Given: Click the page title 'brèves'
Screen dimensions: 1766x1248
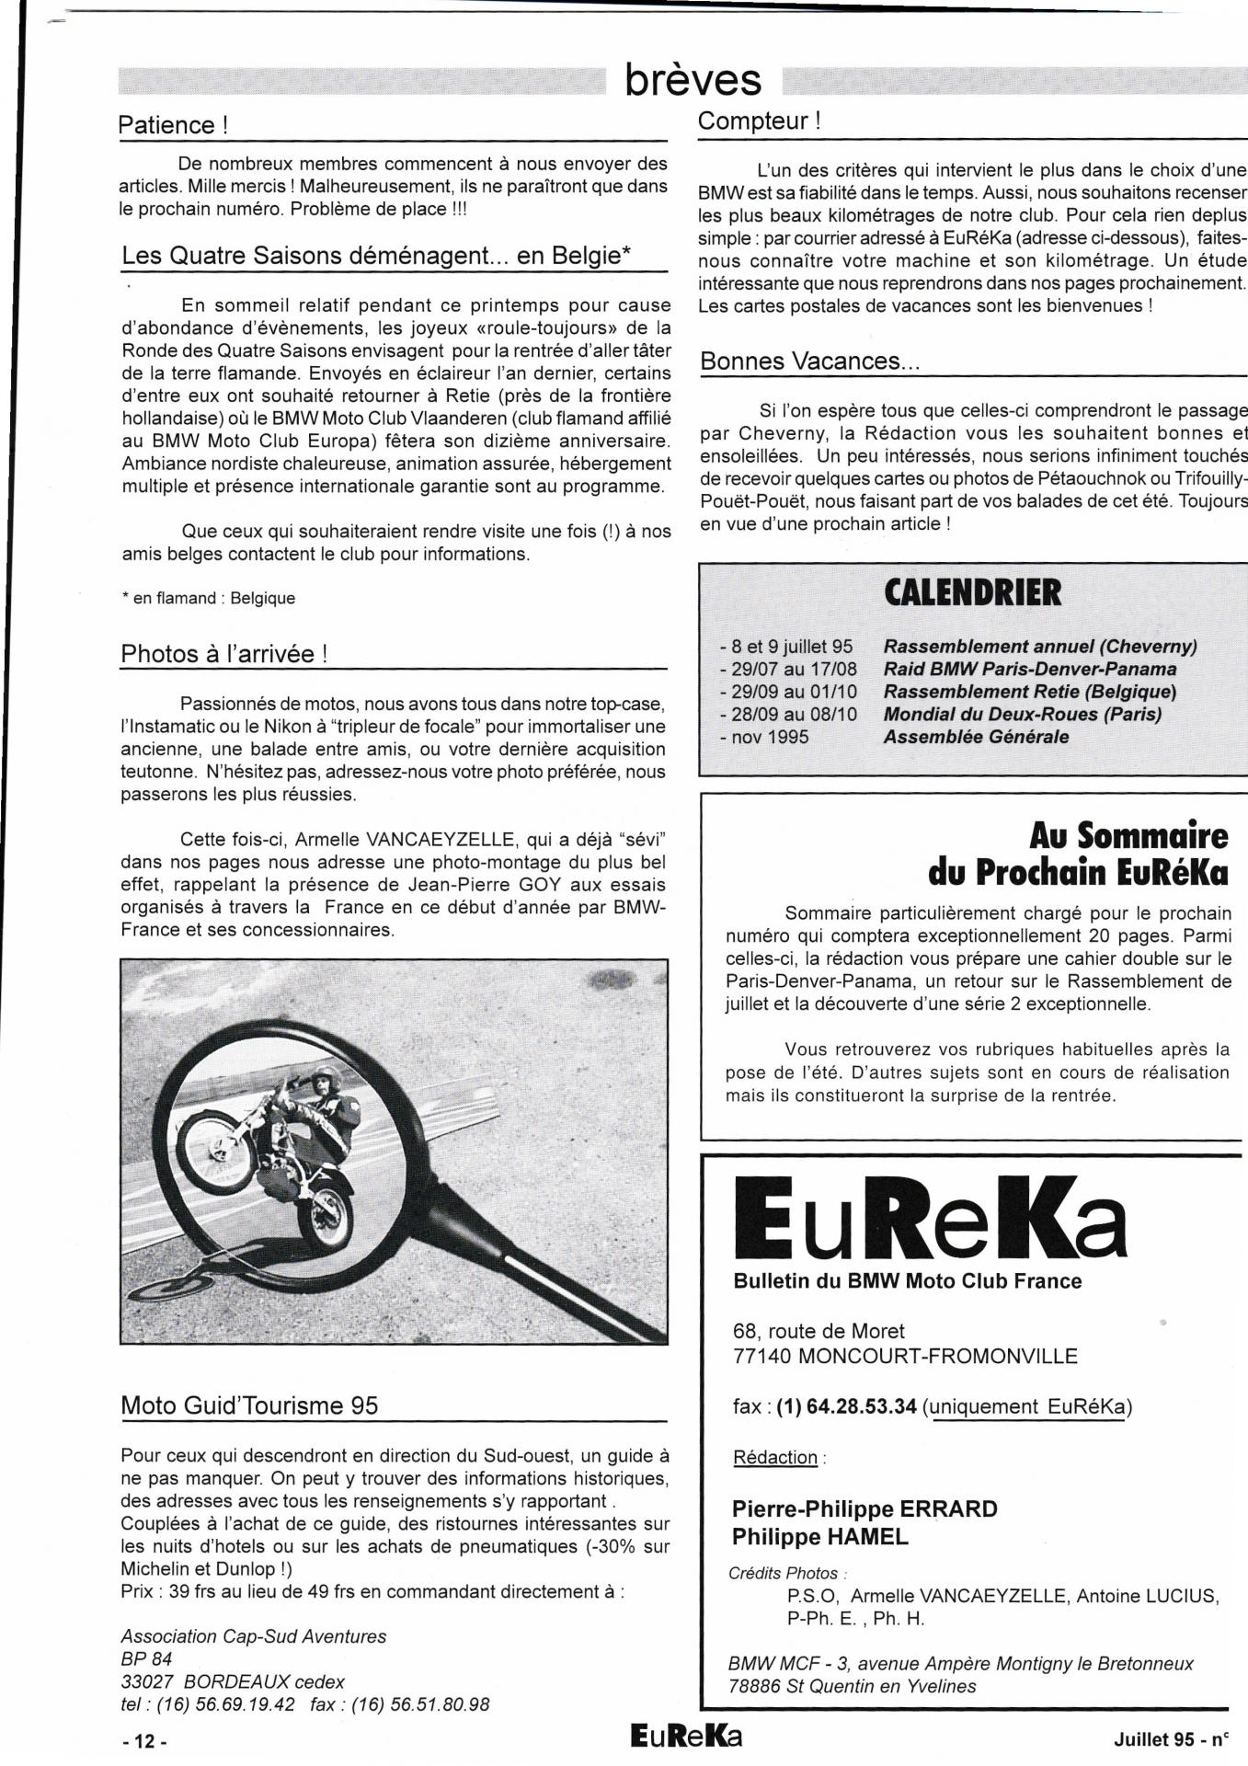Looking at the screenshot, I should pos(693,80).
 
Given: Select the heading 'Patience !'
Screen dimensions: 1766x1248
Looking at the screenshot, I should pos(172,125).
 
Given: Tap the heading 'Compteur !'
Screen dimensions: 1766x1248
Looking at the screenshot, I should pos(759,120).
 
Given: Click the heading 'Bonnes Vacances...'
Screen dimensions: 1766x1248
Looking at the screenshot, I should pos(809,361).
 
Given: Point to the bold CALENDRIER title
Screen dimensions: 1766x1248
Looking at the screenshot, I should pos(972,593).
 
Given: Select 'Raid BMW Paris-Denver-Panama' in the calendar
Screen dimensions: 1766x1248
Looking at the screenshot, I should pos(1029,669).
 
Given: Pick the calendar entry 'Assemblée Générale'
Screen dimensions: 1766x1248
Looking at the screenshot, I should pos(976,737).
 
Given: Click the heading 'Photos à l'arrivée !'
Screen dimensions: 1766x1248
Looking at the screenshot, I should pos(224,654).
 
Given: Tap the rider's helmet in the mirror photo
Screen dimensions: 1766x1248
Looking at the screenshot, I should pos(325,1079).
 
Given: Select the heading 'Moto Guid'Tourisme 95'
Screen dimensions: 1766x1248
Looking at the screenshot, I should pos(249,1405).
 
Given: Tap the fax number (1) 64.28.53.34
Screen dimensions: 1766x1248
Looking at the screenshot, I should pos(847,1406).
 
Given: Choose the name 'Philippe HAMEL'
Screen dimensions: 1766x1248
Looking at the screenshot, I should pos(819,1536).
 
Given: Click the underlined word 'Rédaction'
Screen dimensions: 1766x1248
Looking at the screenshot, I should pos(775,1457).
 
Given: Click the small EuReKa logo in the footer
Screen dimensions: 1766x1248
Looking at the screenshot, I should pos(686,1737).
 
